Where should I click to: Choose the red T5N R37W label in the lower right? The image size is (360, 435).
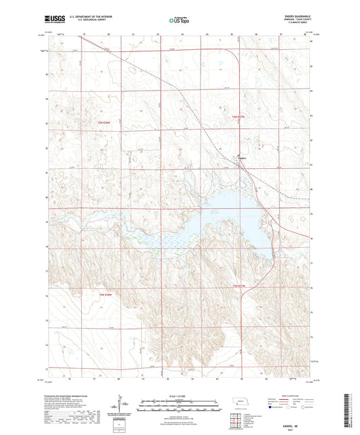click(x=240, y=286)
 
